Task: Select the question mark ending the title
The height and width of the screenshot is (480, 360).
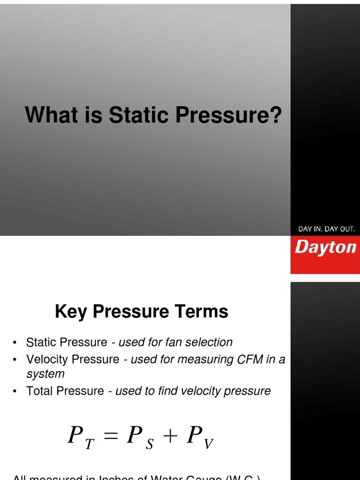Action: pyautogui.click(x=276, y=115)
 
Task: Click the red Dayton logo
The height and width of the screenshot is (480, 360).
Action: pyautogui.click(x=325, y=247)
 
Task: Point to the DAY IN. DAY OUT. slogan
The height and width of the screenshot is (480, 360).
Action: pyautogui.click(x=327, y=229)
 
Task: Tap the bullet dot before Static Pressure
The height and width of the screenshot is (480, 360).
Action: pyautogui.click(x=15, y=343)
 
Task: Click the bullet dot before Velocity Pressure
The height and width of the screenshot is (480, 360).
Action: pyautogui.click(x=15, y=360)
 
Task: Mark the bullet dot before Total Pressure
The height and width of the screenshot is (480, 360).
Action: pyautogui.click(x=15, y=391)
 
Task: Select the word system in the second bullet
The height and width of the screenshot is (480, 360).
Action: pyautogui.click(x=45, y=374)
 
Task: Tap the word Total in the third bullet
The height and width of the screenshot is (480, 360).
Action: pyautogui.click(x=41, y=391)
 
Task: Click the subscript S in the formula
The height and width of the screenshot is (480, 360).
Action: pyautogui.click(x=150, y=445)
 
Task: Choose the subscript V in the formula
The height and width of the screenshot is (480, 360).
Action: pyautogui.click(x=209, y=445)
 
